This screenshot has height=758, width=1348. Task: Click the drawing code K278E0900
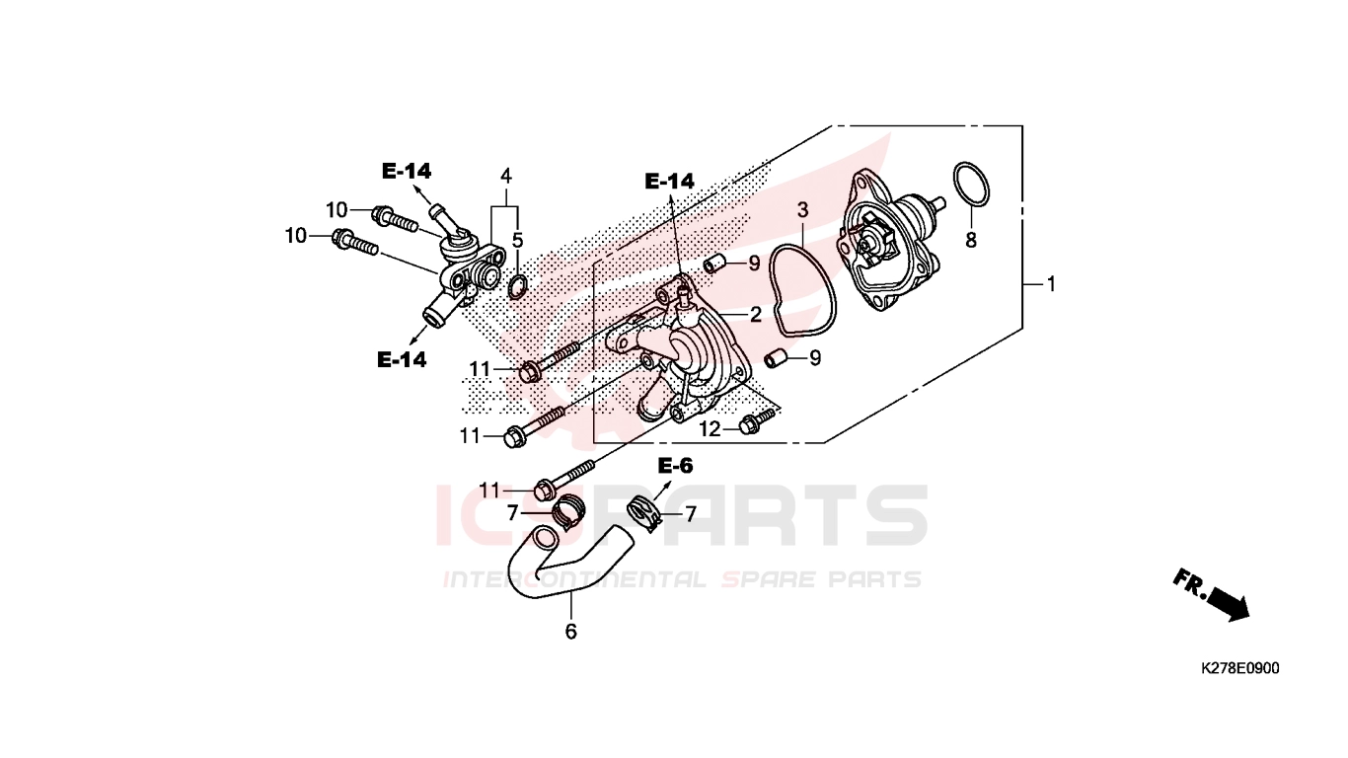coord(1240,667)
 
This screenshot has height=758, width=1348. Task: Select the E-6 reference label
coord(675,466)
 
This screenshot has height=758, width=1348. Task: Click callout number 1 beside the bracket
coord(1051,283)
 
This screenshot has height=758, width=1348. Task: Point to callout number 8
coord(971,240)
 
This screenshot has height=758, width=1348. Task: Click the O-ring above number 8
coord(971,185)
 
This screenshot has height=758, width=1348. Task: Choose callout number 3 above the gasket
coord(802,210)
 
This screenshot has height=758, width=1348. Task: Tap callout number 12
coord(711,428)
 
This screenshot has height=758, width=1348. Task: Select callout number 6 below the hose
coord(570,631)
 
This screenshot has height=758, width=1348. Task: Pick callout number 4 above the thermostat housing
coord(506,177)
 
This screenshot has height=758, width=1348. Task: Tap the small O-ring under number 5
coord(517,286)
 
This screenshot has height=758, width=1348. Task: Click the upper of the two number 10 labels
coord(337,209)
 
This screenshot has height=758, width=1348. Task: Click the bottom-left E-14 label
coord(402,360)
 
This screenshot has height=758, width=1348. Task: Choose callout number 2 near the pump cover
coord(756,314)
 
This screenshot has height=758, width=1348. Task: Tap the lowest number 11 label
coord(489,491)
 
